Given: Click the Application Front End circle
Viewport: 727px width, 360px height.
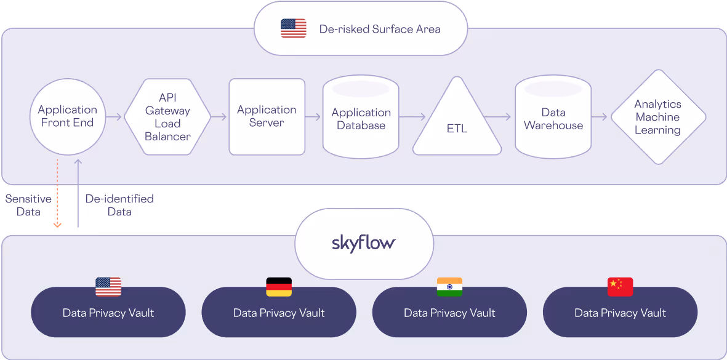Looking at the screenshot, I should [x=68, y=116].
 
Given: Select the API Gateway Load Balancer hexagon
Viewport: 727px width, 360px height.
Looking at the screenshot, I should [x=167, y=117].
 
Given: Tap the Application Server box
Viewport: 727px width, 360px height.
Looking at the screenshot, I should [x=267, y=116].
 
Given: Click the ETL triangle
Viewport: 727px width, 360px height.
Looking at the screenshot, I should [x=457, y=123].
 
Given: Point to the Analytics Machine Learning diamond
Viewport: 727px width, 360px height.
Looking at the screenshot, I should [x=657, y=117].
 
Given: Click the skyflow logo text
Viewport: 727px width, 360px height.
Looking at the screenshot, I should [x=363, y=242].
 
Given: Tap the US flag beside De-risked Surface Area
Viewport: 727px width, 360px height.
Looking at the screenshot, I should [x=294, y=28].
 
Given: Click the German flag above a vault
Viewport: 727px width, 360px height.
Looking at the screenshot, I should [x=279, y=287].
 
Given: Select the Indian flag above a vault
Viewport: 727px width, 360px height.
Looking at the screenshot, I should [x=449, y=287].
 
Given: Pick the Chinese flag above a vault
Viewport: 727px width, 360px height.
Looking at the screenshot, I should [x=620, y=287].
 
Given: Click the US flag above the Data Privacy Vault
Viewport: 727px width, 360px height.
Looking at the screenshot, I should [x=108, y=287].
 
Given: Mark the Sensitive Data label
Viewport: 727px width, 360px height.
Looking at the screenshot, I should [x=28, y=206].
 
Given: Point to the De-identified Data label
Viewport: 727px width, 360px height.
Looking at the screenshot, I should [x=119, y=206].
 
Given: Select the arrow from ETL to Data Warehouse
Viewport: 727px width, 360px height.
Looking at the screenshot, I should [x=498, y=116].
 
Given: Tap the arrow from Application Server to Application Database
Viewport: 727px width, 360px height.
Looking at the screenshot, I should [x=313, y=116].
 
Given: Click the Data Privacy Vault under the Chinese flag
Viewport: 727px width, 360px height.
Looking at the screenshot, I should [x=620, y=313].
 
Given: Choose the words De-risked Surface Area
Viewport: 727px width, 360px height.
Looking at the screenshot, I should [x=380, y=29].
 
